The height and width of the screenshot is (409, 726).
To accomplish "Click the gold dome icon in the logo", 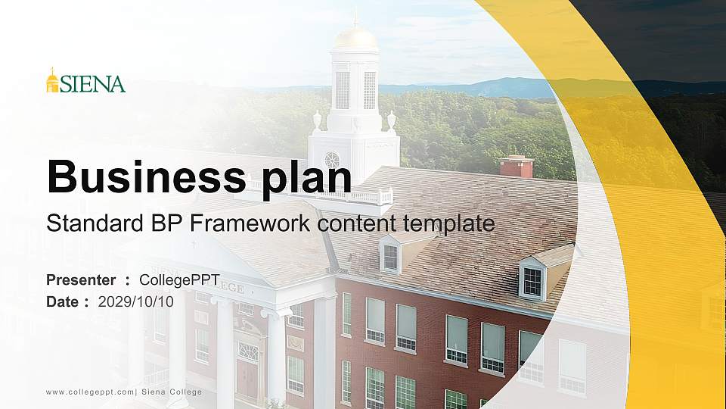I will click(x=52, y=80).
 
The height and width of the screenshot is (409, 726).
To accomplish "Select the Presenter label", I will click(x=81, y=280).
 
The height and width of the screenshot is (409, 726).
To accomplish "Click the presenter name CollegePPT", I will click(x=179, y=280).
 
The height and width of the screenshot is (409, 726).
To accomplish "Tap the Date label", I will click(x=63, y=301).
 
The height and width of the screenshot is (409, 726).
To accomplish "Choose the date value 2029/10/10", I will click(x=136, y=301).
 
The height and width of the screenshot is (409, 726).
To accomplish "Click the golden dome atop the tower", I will click(x=355, y=38).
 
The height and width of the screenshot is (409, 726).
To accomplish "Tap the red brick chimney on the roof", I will click(x=517, y=166).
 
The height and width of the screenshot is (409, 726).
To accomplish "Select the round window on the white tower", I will click(x=331, y=160).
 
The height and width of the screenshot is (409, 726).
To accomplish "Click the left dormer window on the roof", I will click(x=390, y=258).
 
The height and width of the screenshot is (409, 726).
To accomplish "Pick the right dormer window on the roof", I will click(x=532, y=281).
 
